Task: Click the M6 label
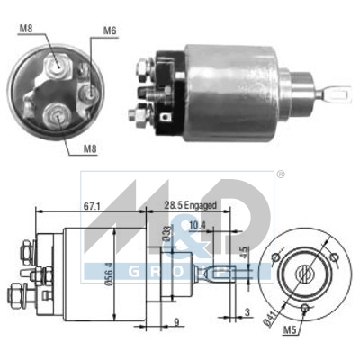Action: tap(109, 31)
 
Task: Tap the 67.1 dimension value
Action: tap(91, 206)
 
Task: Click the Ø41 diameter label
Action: tap(266, 318)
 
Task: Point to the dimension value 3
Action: tap(247, 312)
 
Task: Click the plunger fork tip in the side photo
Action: tap(339, 91)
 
